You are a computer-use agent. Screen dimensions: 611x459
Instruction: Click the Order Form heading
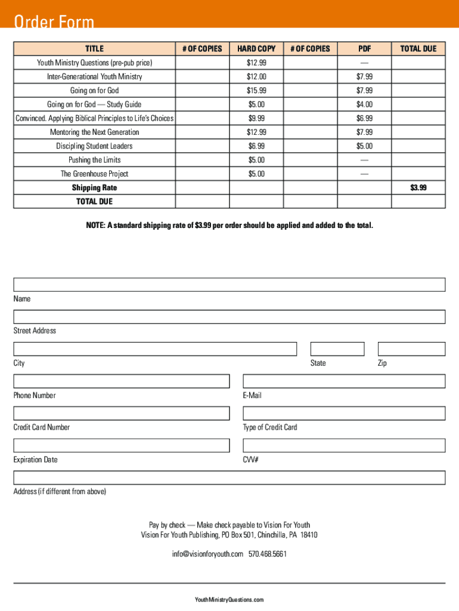[x=54, y=23]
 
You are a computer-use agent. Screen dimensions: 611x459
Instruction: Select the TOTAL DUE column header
[x=418, y=49]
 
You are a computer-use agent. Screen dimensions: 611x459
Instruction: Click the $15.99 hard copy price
[x=256, y=91]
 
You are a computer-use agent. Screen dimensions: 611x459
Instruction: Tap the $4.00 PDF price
[x=364, y=104]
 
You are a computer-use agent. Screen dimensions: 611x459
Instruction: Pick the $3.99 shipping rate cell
[x=418, y=188]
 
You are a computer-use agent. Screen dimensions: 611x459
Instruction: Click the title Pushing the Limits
[x=94, y=160]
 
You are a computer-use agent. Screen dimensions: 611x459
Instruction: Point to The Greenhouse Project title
[x=94, y=174]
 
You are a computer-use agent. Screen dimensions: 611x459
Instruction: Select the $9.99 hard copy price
[x=256, y=118]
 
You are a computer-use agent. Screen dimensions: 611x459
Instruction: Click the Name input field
[x=229, y=285]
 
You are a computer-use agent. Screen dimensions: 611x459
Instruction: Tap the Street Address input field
[x=229, y=317]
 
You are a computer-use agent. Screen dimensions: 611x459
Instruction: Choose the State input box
[x=337, y=349]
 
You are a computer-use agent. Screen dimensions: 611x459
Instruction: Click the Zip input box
[x=411, y=349]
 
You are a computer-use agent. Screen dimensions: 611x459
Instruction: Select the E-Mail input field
[x=343, y=381]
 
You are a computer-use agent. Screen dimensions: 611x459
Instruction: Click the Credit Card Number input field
[x=121, y=413]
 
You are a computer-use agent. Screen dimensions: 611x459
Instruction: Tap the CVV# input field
[x=343, y=446]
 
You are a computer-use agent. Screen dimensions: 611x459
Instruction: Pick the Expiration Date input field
[x=121, y=446]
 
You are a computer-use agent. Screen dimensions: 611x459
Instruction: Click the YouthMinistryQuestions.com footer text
[x=229, y=600]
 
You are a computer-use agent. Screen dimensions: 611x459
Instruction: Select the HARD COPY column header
[x=256, y=49]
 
